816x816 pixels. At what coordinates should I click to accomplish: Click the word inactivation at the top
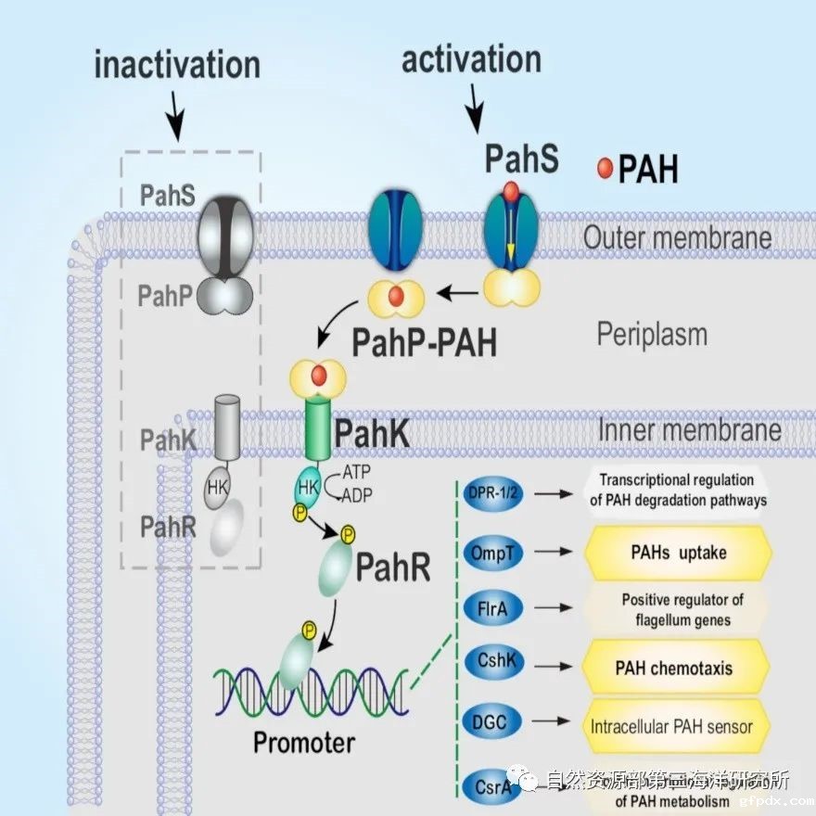coord(177,65)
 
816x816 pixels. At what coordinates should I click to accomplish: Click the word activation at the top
coord(471,59)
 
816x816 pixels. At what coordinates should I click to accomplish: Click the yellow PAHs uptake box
coord(679,553)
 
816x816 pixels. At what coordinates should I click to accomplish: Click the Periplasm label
coord(652,335)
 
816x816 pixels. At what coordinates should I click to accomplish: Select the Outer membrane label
coord(677,237)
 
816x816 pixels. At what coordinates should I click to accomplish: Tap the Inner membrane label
coord(690,430)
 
